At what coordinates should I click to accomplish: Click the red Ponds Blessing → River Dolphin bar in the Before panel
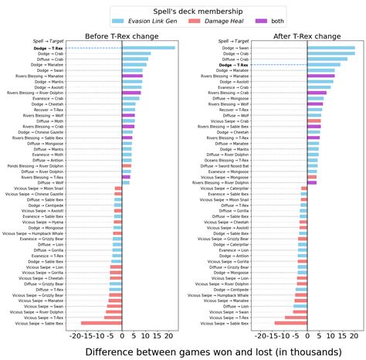pos(127,165)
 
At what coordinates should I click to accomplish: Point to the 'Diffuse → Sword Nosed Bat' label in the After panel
pos(224,165)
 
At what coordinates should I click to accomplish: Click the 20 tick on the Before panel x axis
pos(169,337)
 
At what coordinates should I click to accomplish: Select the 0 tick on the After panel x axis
pos(307,337)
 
